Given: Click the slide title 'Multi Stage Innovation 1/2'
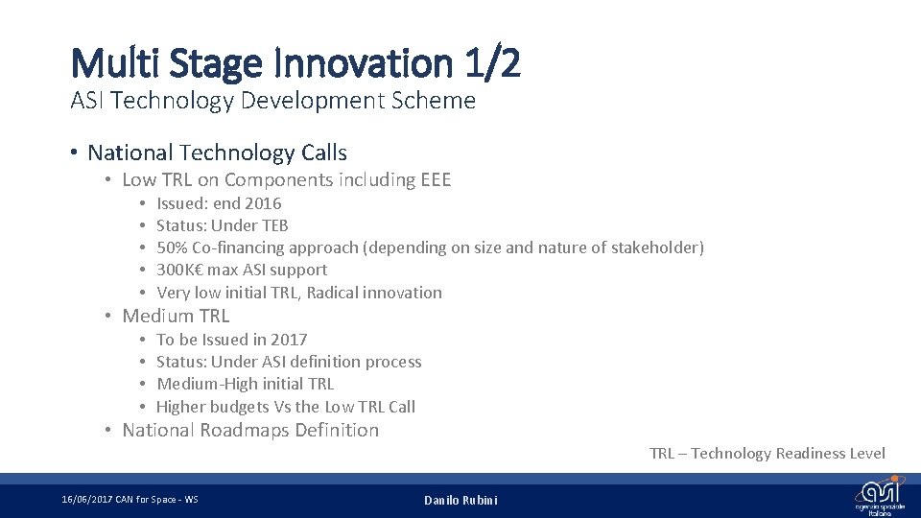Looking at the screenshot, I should (295, 63).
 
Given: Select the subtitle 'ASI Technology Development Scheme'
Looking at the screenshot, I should (272, 101).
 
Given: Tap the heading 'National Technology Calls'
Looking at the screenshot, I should (217, 153).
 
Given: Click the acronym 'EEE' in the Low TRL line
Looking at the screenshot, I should (436, 179).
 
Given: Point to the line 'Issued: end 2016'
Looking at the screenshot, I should (219, 203).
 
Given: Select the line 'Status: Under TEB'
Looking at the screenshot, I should (222, 225).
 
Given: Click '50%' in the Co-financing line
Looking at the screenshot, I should (172, 247).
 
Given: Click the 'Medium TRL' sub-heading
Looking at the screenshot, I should (176, 316).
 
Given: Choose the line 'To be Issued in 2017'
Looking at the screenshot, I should (231, 340).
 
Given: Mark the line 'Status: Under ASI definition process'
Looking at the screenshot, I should (289, 362).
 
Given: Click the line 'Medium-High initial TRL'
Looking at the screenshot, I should (245, 384).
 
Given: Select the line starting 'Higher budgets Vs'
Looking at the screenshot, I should (285, 406).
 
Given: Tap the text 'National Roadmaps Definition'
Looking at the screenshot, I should (250, 430).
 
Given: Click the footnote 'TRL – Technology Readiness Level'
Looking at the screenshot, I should (767, 453).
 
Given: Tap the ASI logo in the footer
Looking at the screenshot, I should (879, 495).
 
